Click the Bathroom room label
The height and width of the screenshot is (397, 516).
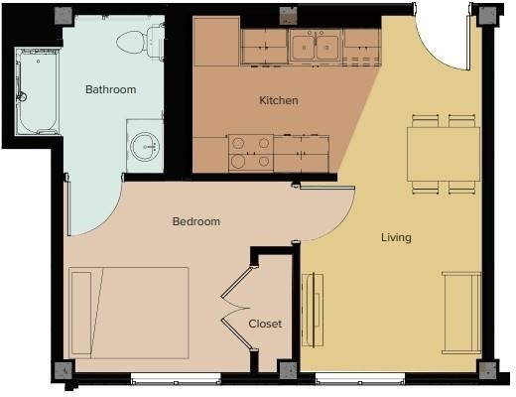[111, 89]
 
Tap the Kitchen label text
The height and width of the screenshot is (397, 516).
[279, 100]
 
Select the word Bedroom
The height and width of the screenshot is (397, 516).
[196, 221]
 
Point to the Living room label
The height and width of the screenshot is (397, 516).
[396, 237]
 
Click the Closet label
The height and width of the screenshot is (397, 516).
[265, 324]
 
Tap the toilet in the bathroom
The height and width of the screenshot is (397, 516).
[140, 42]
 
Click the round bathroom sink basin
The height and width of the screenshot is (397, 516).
[145, 147]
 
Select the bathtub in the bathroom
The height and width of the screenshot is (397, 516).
[37, 91]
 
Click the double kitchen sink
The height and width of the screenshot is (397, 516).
[316, 47]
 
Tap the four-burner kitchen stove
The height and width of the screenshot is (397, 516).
[251, 153]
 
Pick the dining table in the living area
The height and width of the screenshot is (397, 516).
[444, 154]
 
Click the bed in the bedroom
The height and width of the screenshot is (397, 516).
[129, 313]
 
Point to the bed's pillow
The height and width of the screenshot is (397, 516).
[81, 314]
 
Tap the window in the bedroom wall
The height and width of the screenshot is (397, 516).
[176, 379]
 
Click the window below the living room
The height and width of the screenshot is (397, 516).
[360, 379]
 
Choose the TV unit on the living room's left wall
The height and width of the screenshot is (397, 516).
[313, 310]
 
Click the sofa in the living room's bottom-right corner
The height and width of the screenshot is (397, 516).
[461, 313]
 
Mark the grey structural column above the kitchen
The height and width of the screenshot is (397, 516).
[289, 16]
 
